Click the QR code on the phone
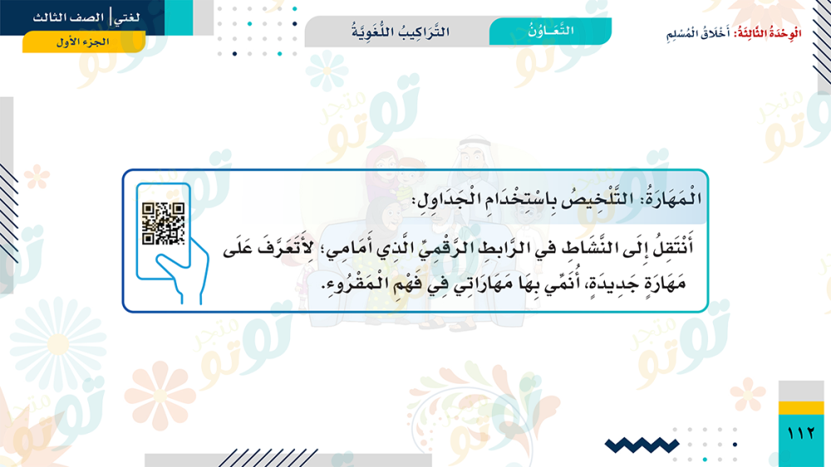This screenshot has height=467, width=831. (x=163, y=224)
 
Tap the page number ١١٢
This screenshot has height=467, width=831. (x=801, y=434)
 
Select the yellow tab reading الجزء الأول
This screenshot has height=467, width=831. (x=83, y=42)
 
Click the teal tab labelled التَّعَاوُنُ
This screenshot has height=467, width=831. (x=551, y=31)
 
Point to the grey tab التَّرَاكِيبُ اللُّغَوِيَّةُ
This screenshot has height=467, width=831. (x=401, y=32)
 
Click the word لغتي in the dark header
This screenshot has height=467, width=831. (x=127, y=18)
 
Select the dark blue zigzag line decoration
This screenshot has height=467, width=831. (x=642, y=445)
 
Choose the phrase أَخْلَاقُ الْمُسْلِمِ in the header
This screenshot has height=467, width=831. (x=698, y=33)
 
